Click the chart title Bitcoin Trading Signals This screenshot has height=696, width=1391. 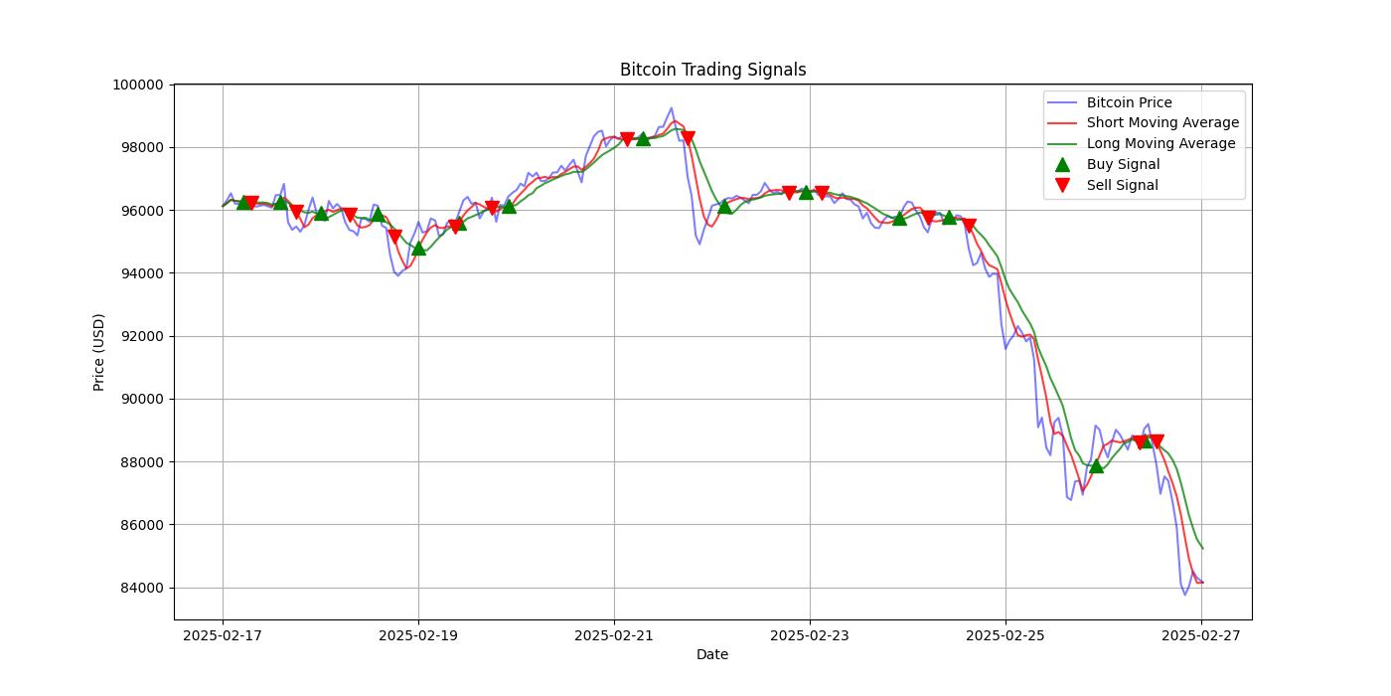712,70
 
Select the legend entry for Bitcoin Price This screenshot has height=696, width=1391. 1129,102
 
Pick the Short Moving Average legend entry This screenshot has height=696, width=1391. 1162,123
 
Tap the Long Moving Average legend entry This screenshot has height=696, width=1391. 1160,144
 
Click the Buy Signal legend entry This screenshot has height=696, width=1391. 1123,165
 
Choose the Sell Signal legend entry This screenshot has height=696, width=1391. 1122,186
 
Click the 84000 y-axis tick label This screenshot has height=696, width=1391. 138,588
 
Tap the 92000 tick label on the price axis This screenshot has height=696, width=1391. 138,336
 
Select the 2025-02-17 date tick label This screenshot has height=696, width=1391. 223,634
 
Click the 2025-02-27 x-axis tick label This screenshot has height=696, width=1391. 1201,634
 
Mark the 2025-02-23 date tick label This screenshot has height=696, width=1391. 810,634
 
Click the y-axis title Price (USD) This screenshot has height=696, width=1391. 99,352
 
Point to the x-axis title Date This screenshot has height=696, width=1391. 712,654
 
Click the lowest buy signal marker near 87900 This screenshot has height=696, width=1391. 1096,465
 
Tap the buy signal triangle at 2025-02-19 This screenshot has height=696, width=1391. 418,248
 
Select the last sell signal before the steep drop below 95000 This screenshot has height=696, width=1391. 969,226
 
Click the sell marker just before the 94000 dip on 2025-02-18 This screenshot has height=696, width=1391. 394,237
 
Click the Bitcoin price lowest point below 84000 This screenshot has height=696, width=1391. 1184,595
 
